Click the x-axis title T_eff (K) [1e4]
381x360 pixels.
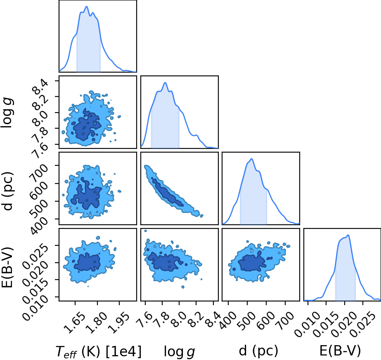pos(98,351)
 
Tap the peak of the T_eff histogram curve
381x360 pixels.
pos(86,7)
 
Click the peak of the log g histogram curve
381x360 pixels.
pos(165,82)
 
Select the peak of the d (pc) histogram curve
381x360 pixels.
pos(251,159)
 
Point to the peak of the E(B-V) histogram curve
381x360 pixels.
pos(348,235)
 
